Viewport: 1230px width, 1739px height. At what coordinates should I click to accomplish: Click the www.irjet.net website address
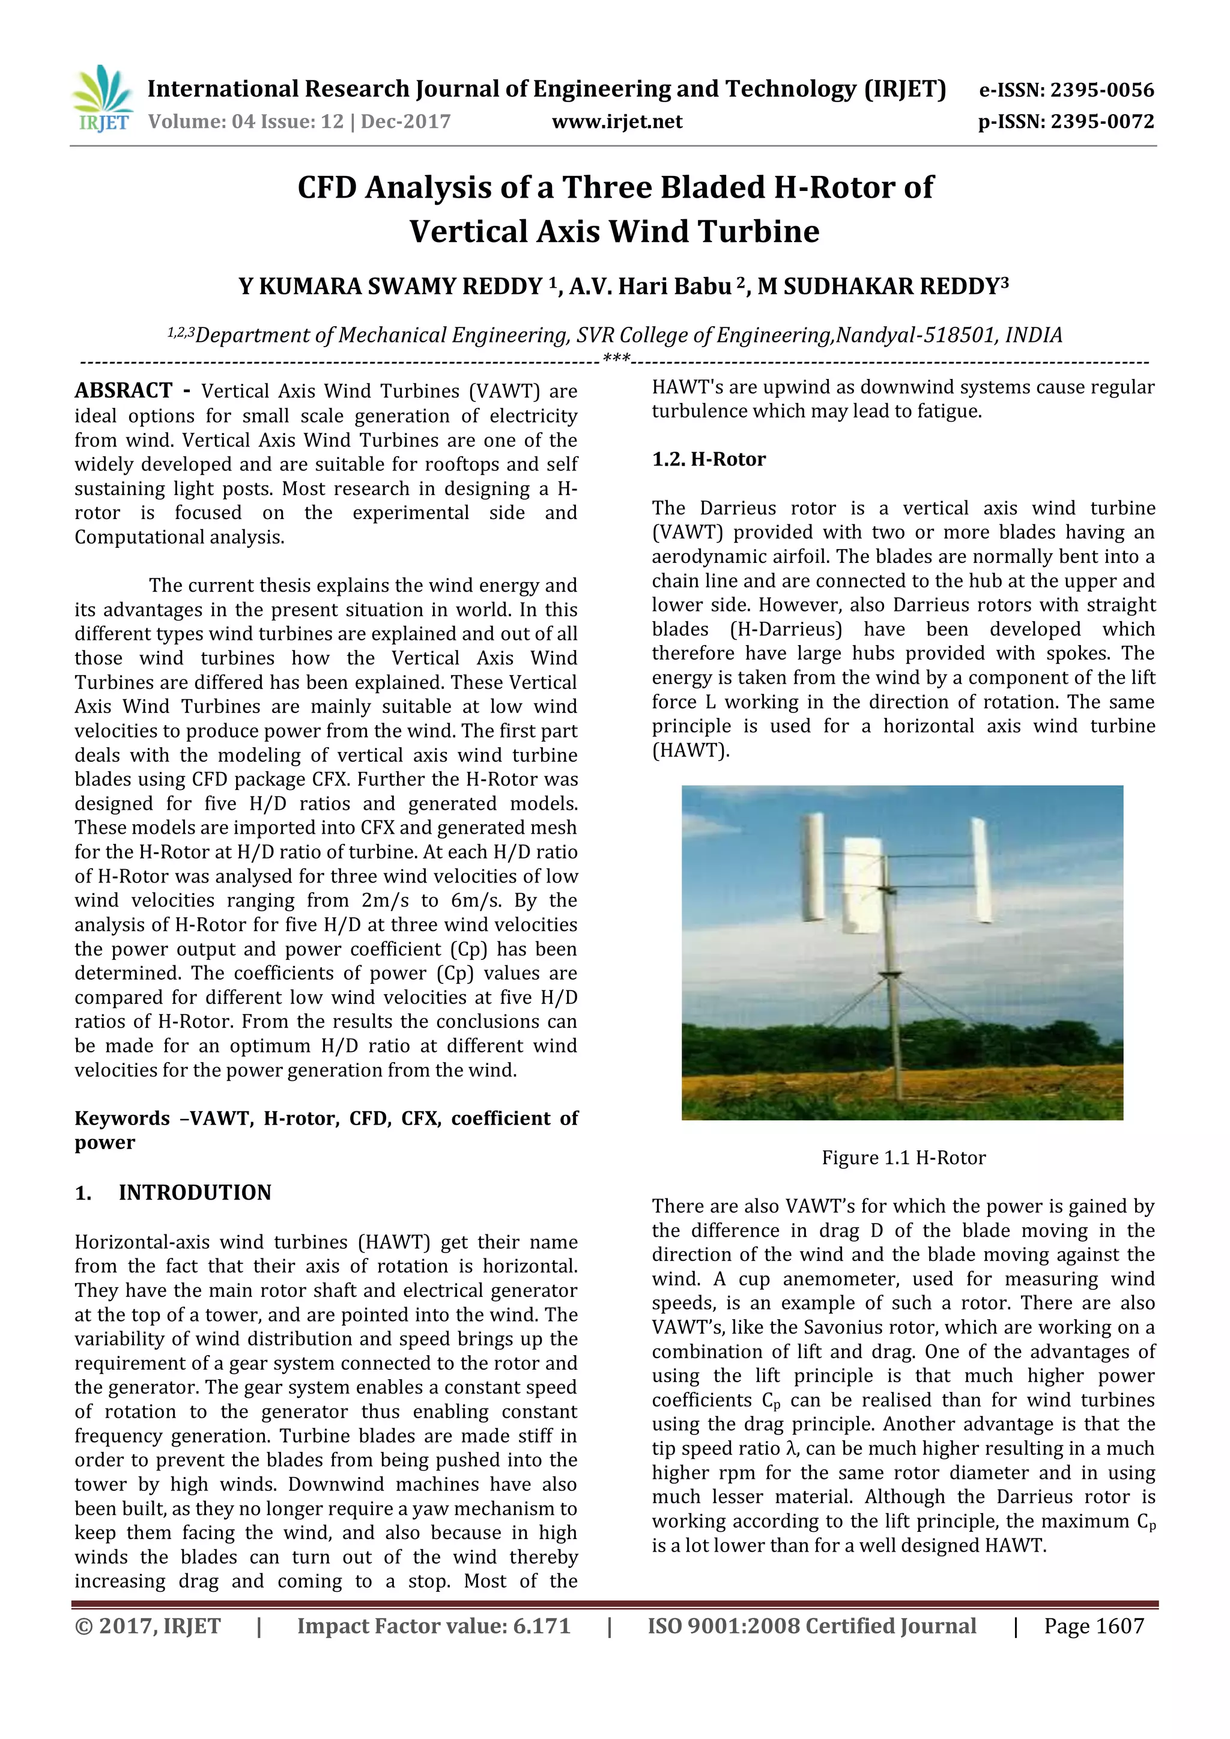coord(617,122)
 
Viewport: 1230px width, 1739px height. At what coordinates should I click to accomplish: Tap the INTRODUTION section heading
coord(195,1193)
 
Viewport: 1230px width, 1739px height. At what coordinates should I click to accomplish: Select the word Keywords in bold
coord(122,1118)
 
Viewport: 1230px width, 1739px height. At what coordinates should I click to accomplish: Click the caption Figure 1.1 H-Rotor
coord(903,1158)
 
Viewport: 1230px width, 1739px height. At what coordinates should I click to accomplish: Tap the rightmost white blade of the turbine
coord(981,871)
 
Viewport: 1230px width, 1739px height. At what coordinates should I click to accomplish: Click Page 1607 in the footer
coord(1094,1626)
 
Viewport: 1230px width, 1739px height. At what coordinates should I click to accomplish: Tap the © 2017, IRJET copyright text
coord(148,1626)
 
